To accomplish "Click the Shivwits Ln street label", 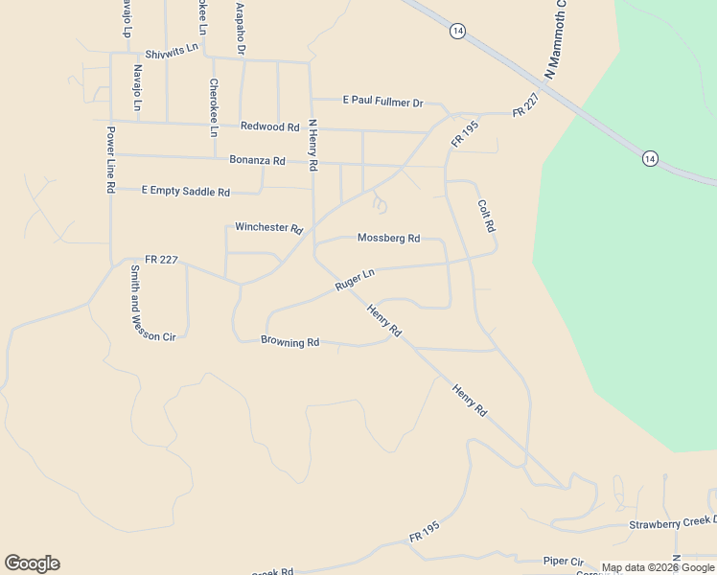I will click(x=172, y=49).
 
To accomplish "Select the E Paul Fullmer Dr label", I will click(x=382, y=102).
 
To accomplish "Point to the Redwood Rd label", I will click(x=269, y=126).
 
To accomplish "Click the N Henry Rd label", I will click(x=312, y=146).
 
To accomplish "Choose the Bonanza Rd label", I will click(x=257, y=160).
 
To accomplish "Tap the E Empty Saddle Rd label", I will click(x=186, y=192).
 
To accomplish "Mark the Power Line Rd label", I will click(x=111, y=160).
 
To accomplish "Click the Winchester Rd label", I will click(x=268, y=228).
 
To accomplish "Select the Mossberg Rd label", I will click(x=388, y=238).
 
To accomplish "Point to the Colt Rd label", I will click(x=485, y=216).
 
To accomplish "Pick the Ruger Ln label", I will click(x=354, y=280).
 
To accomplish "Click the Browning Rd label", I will click(x=289, y=341).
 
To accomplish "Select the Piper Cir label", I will click(x=563, y=561).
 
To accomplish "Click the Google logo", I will click(x=32, y=563).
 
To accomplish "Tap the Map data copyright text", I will click(x=658, y=567).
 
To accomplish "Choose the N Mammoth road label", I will click(x=551, y=38).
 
